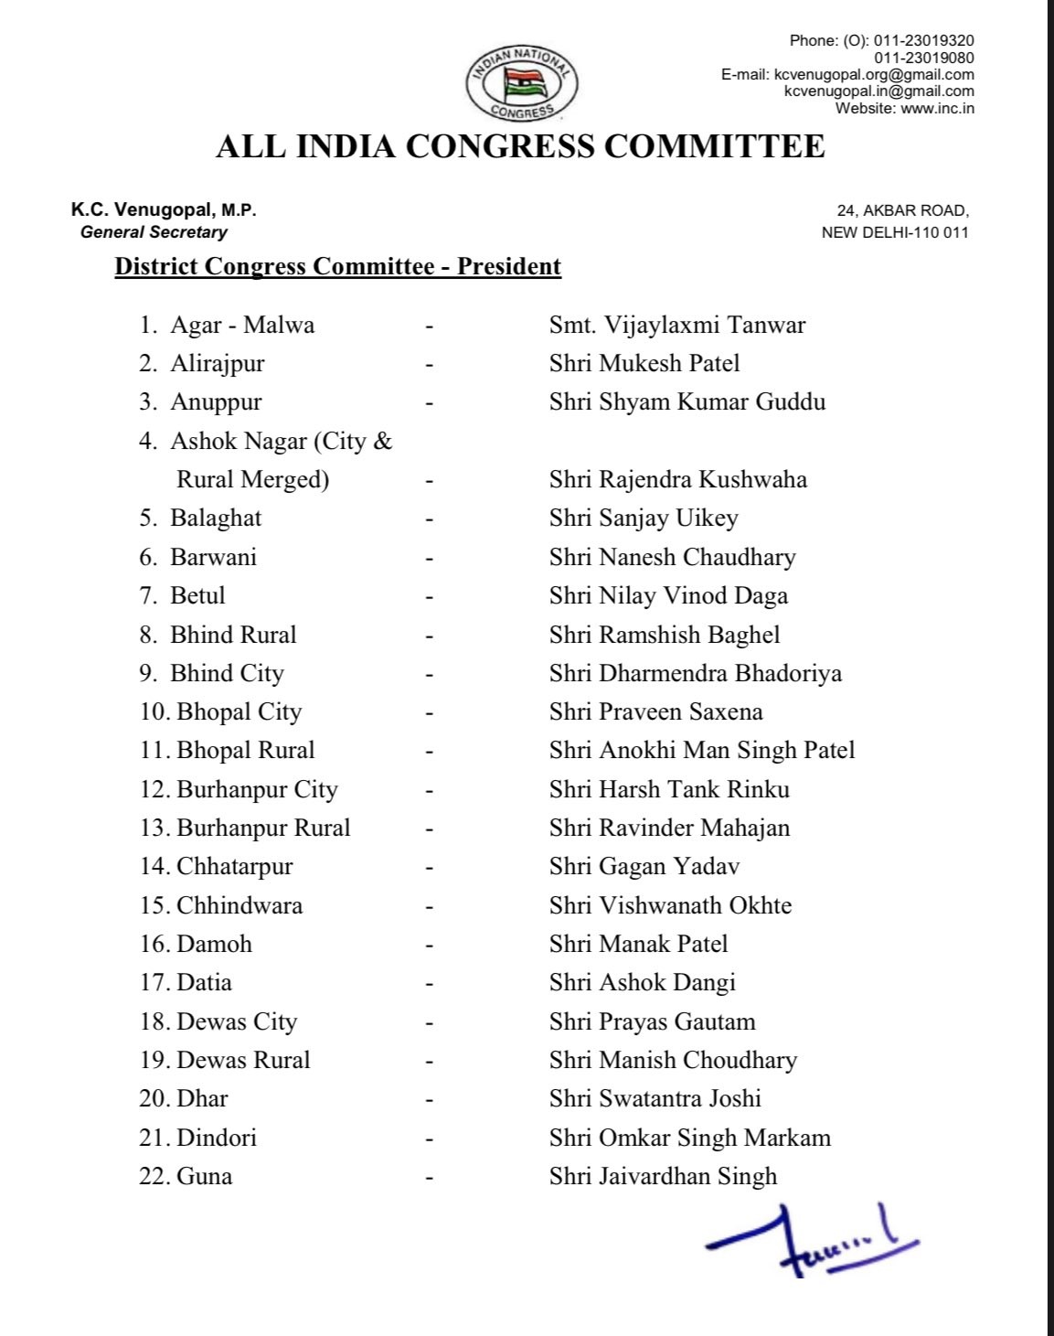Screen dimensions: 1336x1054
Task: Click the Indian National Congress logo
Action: coord(521,83)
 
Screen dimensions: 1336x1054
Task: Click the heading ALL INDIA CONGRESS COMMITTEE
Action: coord(520,146)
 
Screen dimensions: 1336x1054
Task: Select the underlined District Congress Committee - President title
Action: coord(337,267)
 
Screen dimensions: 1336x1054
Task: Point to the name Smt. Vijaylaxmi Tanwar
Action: coord(676,326)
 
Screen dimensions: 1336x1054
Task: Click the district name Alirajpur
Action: coord(217,364)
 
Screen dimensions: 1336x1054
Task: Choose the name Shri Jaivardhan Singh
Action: coord(663,1177)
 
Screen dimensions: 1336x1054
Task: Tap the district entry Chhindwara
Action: coord(239,905)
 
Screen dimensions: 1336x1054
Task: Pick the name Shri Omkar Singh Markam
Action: coord(689,1138)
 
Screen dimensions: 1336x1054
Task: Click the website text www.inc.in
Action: coord(937,109)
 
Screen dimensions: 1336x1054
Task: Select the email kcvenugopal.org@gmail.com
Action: coord(874,75)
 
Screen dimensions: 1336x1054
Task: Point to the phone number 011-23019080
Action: coord(923,58)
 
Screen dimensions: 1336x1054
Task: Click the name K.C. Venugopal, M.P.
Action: coord(164,210)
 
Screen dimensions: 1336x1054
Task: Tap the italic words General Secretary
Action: coord(154,232)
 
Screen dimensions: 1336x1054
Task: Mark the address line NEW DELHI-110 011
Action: coord(894,232)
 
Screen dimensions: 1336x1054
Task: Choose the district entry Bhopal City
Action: coord(239,712)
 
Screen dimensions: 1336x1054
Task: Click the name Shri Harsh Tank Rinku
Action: coord(669,790)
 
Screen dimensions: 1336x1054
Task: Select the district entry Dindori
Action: coord(217,1138)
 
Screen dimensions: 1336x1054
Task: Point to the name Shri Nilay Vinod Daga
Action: coord(668,596)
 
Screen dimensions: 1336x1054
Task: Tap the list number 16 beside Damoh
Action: coord(155,945)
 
